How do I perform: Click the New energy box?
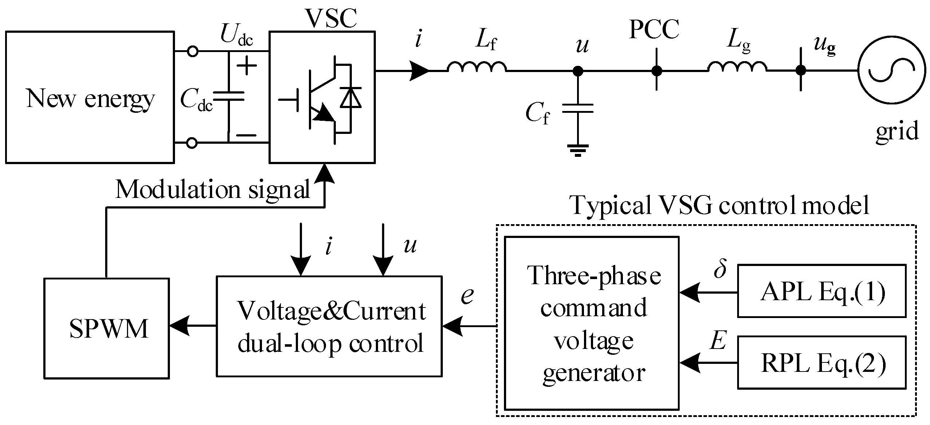(x=90, y=97)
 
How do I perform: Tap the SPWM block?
(x=106, y=329)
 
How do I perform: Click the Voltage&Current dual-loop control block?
(x=329, y=326)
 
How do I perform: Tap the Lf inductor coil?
(x=477, y=67)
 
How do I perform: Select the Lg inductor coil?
(x=737, y=67)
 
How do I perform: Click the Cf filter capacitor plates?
(x=578, y=108)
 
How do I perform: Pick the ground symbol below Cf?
(x=578, y=150)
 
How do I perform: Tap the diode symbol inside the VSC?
(x=351, y=98)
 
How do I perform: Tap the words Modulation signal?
(x=212, y=189)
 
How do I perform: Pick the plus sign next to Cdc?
(x=247, y=66)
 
